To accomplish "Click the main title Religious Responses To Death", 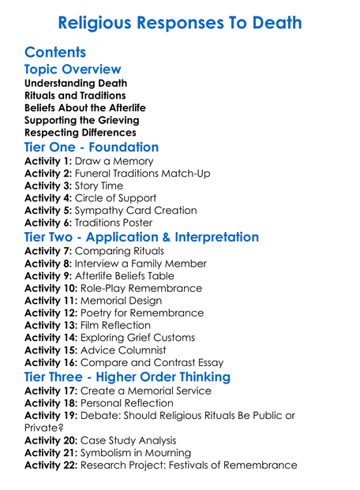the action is (180, 22).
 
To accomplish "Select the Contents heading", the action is (55, 53).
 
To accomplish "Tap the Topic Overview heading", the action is (73, 69).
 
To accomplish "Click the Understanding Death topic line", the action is (76, 83).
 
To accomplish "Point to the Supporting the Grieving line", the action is (81, 120).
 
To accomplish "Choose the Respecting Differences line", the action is (80, 133).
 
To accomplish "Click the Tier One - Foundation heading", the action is (92, 148).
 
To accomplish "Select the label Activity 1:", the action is (48, 161).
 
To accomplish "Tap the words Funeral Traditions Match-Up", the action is (143, 174).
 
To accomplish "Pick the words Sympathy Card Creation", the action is (135, 211).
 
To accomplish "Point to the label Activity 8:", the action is (48, 264).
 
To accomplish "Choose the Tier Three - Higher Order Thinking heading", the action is (127, 376).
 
